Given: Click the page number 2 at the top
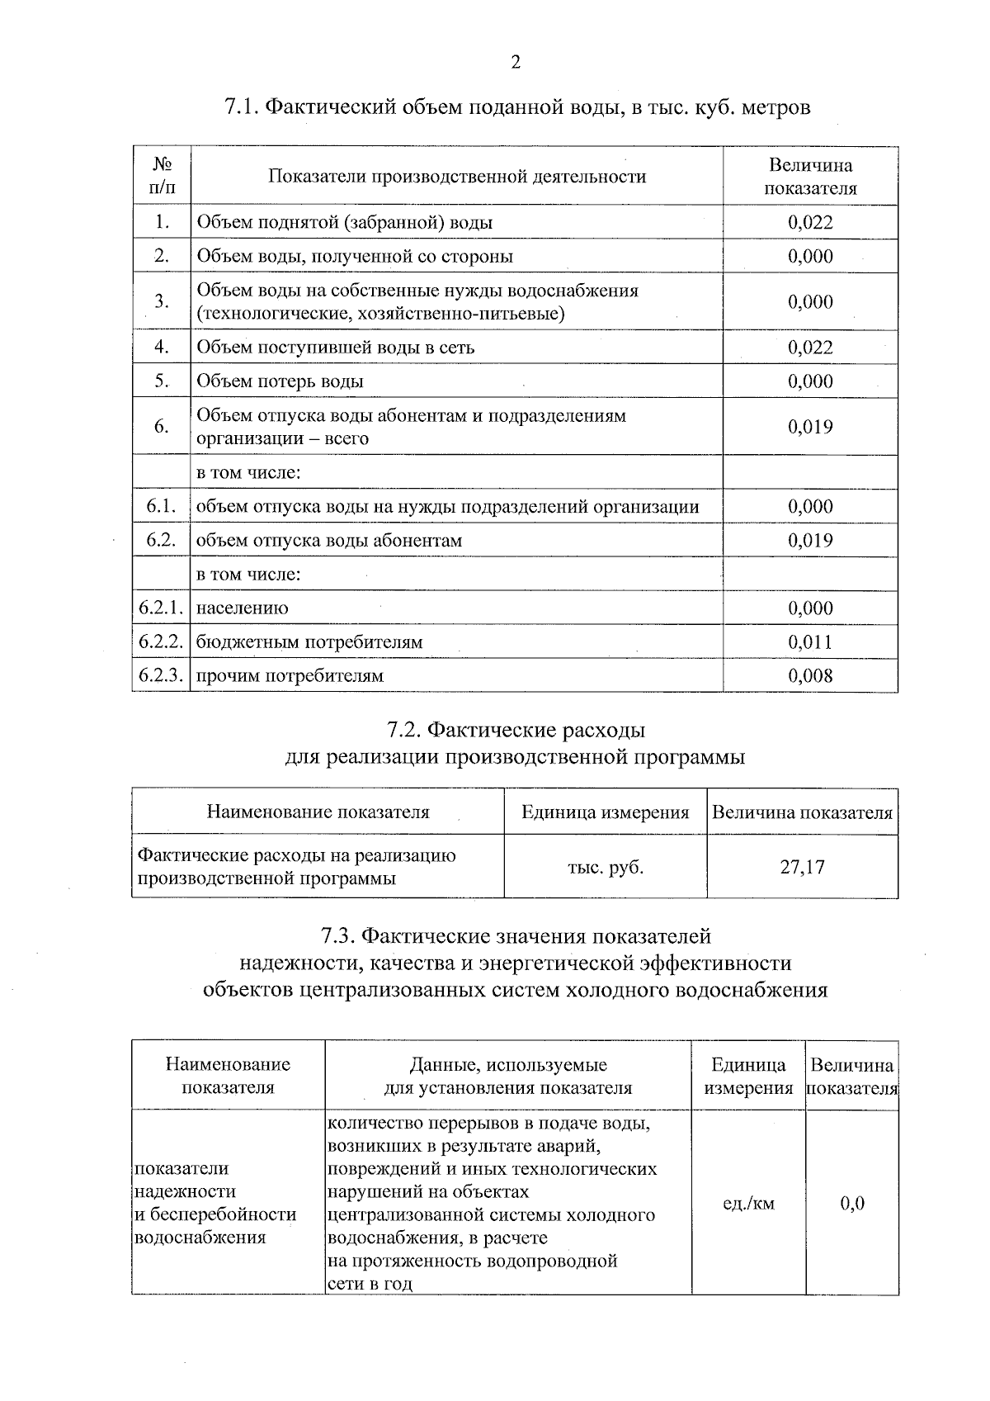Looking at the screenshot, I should coord(516,63).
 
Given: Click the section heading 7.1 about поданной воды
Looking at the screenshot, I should coord(517,107).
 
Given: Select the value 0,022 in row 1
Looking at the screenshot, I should coord(810,222).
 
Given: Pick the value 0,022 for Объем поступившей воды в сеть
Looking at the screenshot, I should coord(810,348).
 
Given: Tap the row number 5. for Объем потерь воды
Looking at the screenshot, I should coord(161,381).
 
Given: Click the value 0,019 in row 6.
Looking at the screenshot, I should coord(810,427).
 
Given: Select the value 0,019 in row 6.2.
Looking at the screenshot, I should coord(810,541).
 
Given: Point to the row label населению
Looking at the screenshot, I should coord(243,608).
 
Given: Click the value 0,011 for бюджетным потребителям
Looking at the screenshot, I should coord(810,642).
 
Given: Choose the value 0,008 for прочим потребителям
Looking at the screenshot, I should coord(810,676).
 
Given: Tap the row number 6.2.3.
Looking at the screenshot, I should coord(161,675).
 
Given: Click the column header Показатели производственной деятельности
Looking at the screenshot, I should coord(457,176).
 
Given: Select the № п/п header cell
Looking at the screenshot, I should coord(162,176).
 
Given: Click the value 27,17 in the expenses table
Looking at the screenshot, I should coord(802,867).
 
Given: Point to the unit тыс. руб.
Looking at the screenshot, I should coord(606,867).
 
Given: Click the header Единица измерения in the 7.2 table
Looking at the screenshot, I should coord(606,812).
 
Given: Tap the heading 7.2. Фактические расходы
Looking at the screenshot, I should coord(516,731).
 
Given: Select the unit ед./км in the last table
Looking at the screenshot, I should coord(748,1203).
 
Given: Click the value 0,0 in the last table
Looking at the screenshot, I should coord(852,1203).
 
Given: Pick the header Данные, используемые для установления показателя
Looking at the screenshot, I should coord(508,1076).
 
